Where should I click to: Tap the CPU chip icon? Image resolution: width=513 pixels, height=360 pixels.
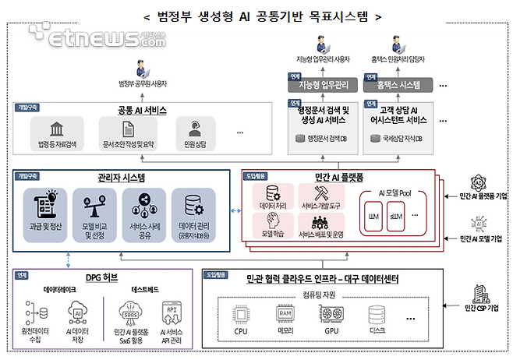tap(241, 315)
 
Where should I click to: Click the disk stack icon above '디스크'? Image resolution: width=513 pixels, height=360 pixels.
tap(377, 315)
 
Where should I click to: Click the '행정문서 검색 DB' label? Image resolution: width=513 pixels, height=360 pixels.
tap(324, 139)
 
